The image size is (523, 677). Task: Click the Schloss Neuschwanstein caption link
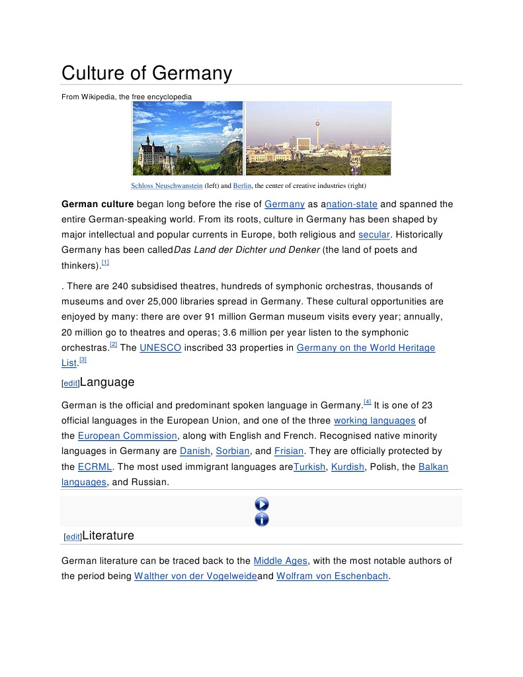[167, 186]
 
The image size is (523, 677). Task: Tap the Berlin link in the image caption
[242, 186]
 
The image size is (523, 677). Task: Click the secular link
[374, 235]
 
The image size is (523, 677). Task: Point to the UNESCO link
[160, 348]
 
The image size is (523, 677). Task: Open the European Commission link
[128, 436]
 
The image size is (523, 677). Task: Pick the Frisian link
[289, 451]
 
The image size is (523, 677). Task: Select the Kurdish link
[348, 467]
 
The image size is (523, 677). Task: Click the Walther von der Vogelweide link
[195, 576]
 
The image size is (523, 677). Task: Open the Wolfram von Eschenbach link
[332, 576]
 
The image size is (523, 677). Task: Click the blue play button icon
[262, 505]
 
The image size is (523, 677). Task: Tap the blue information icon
[262, 519]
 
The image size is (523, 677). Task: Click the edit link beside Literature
[73, 537]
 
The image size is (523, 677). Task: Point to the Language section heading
[107, 383]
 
